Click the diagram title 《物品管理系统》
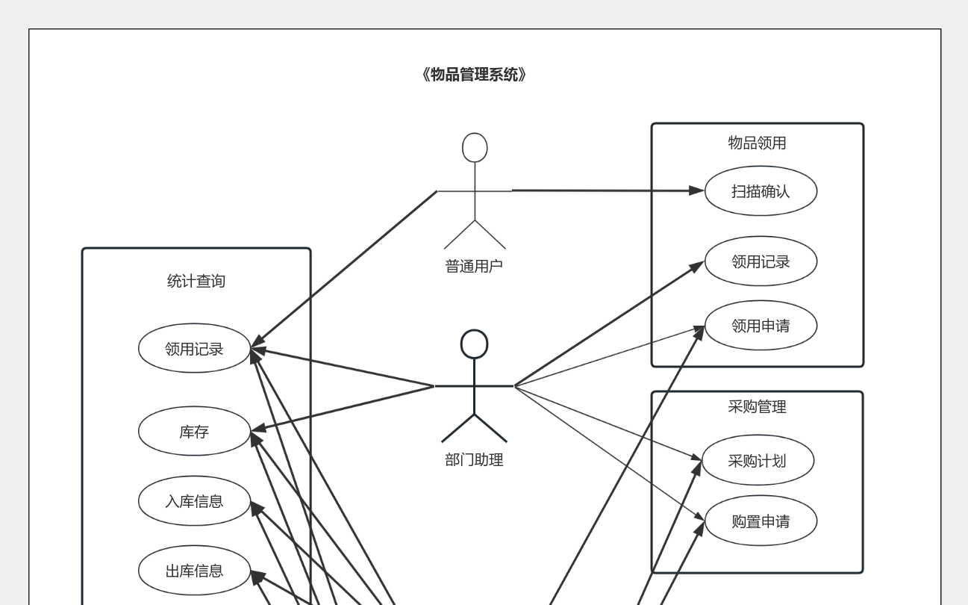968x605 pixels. point(474,75)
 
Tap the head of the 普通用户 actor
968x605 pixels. point(475,147)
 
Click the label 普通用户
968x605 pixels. point(474,265)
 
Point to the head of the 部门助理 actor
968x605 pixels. point(474,344)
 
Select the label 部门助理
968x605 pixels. point(474,460)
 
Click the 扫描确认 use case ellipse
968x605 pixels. point(761,191)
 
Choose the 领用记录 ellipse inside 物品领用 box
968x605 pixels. point(761,261)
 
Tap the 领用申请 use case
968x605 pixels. point(761,326)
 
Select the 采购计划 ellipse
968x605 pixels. point(757,460)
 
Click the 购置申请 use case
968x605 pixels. point(761,521)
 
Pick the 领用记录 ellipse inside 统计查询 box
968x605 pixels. point(194,348)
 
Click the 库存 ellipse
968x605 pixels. point(194,431)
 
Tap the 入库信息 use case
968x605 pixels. point(194,500)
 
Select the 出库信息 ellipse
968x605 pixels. point(194,571)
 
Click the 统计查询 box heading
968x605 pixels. point(196,282)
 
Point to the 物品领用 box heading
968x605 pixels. point(757,143)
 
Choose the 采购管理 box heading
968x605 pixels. point(757,407)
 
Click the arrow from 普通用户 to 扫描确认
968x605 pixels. point(605,190)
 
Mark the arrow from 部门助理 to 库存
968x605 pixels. point(343,408)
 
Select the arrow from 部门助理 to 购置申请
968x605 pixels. point(608,453)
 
